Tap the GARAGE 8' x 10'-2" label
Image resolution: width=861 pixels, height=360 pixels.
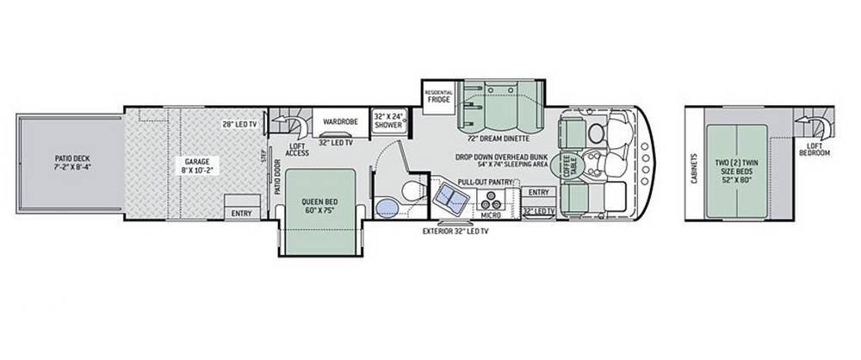tap(197, 165)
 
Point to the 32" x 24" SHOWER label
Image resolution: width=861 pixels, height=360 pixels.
tap(389, 121)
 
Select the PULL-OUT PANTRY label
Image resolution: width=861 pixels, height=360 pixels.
tap(486, 182)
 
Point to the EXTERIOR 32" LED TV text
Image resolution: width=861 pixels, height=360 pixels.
tap(455, 232)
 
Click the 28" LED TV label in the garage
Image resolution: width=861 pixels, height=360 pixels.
tap(240, 124)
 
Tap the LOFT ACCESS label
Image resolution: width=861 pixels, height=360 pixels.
tap(297, 150)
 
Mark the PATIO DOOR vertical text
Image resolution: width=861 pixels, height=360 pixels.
tap(277, 177)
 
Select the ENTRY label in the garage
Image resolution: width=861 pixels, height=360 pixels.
tap(242, 214)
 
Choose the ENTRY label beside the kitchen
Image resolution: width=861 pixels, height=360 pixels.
tap(539, 192)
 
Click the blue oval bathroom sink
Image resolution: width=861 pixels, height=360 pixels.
tap(387, 208)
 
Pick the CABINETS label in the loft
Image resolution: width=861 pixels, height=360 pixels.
tap(694, 168)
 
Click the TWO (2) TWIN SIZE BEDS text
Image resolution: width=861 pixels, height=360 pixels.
tap(737, 166)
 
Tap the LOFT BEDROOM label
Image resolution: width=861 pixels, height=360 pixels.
tap(815, 150)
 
